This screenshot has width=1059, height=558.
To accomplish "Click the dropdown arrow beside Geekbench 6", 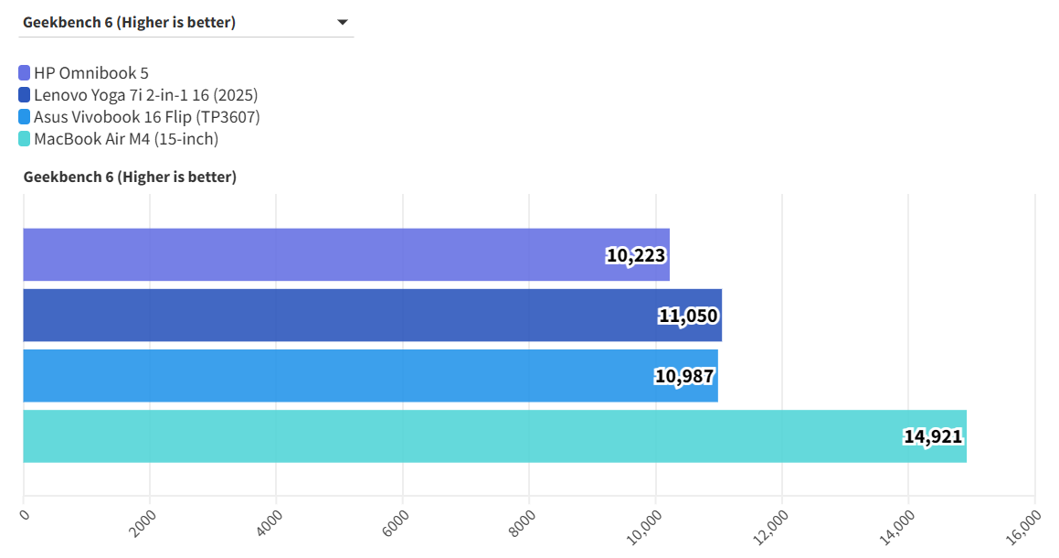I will [x=343, y=23].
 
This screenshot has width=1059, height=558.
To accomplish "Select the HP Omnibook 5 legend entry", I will [x=90, y=73].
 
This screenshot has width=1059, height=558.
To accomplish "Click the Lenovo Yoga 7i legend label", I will [x=145, y=95].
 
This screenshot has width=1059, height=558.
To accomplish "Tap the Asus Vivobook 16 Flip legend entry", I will [x=146, y=117].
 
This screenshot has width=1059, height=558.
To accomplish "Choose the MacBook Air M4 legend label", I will [x=125, y=139].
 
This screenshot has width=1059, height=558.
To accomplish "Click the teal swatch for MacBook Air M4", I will [x=25, y=139].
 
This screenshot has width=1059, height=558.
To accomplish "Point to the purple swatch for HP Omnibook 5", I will [x=25, y=73].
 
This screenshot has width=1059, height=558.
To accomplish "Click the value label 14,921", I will [x=933, y=436].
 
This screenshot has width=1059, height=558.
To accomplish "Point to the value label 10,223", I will [x=636, y=255].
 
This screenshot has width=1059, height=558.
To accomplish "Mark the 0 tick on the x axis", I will [x=25, y=515].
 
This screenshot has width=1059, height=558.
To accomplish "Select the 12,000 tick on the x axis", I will [x=773, y=527].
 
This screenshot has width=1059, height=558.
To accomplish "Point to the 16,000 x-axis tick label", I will [x=1026, y=527].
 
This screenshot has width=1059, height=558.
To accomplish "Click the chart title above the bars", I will [x=130, y=177].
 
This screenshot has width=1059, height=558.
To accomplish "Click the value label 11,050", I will [x=688, y=316].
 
